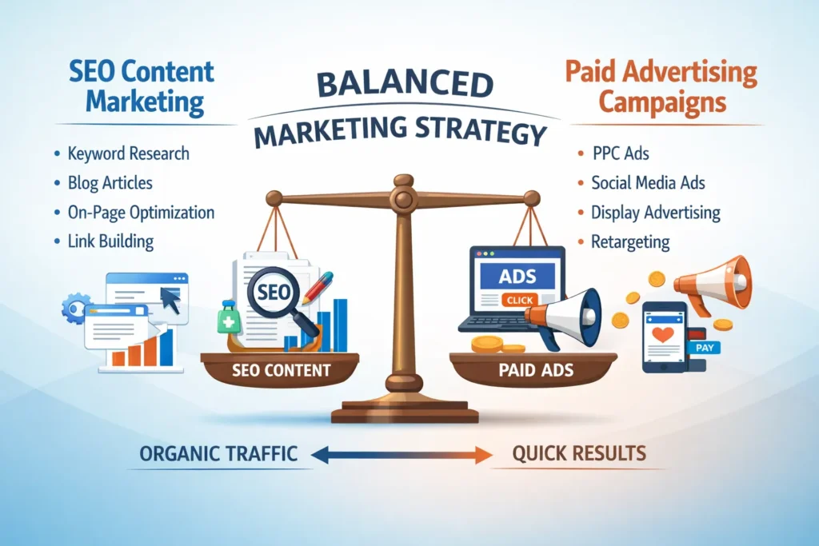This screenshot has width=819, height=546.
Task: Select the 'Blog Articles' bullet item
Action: click(110, 182)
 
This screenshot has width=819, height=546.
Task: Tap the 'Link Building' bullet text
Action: click(110, 241)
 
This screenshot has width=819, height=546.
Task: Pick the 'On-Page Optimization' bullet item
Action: click(141, 212)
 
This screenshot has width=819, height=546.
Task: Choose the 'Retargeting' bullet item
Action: click(630, 241)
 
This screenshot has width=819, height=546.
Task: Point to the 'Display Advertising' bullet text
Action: click(655, 213)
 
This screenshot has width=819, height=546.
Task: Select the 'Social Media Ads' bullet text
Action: click(648, 183)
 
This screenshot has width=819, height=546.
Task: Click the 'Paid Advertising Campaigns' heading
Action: click(660, 87)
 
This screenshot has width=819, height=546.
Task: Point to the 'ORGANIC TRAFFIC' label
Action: click(218, 454)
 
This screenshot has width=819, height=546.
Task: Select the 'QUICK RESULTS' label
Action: click(578, 454)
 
